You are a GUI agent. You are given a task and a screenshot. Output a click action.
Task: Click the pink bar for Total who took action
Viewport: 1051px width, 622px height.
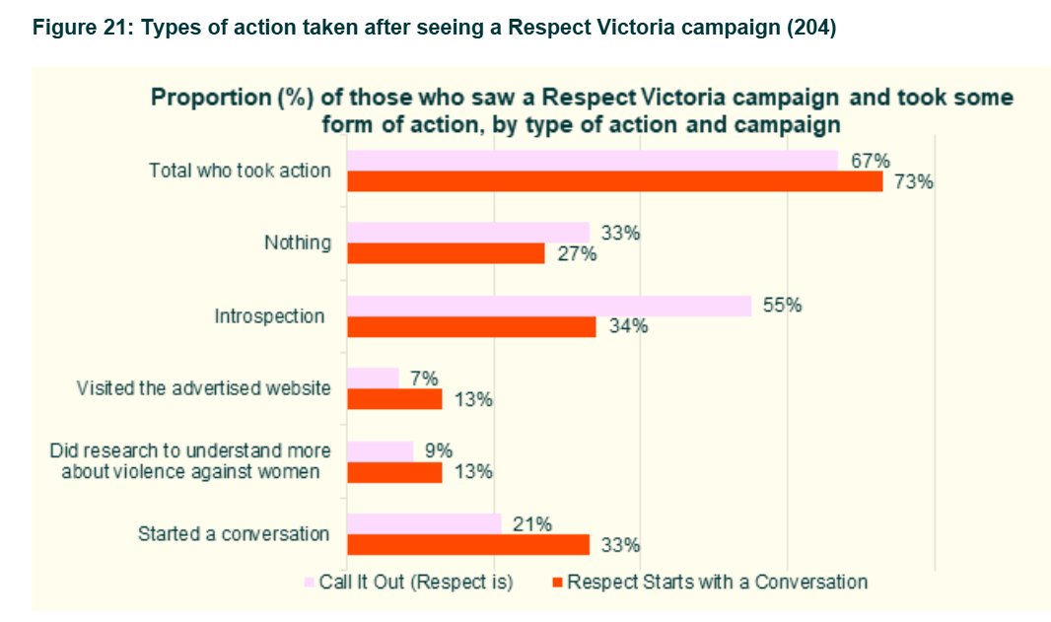(592, 161)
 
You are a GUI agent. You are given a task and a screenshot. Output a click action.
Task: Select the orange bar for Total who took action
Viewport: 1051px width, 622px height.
(614, 181)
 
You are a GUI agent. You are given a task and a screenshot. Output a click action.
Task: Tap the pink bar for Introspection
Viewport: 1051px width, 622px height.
(549, 306)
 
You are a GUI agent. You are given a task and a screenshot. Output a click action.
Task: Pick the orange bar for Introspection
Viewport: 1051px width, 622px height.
(471, 327)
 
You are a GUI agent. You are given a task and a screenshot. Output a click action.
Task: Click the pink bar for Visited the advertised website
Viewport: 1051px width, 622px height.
(373, 378)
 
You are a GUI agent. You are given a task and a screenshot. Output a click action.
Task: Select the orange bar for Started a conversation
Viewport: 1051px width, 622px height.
(468, 545)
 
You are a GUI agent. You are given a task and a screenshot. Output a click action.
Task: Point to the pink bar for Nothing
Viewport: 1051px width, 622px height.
(468, 233)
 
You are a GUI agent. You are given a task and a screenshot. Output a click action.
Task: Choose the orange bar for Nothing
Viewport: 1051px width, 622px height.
(446, 253)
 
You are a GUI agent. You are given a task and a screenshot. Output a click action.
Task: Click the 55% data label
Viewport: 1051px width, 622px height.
(782, 306)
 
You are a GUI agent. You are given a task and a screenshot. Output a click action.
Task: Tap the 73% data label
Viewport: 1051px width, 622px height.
(913, 181)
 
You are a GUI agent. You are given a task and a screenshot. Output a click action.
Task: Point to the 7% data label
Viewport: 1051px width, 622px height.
(424, 378)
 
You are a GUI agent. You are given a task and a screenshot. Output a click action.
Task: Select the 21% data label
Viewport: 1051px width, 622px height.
(532, 523)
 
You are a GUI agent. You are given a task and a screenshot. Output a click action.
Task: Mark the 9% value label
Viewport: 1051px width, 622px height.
(438, 450)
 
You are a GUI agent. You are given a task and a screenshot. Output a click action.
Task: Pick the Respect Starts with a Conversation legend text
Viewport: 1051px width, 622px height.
(717, 582)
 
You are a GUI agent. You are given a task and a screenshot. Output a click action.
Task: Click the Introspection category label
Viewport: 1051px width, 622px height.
(269, 316)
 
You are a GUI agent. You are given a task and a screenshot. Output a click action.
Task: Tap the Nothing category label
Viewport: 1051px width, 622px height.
(298, 242)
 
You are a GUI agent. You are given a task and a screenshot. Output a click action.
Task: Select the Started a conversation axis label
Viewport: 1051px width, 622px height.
(233, 534)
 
